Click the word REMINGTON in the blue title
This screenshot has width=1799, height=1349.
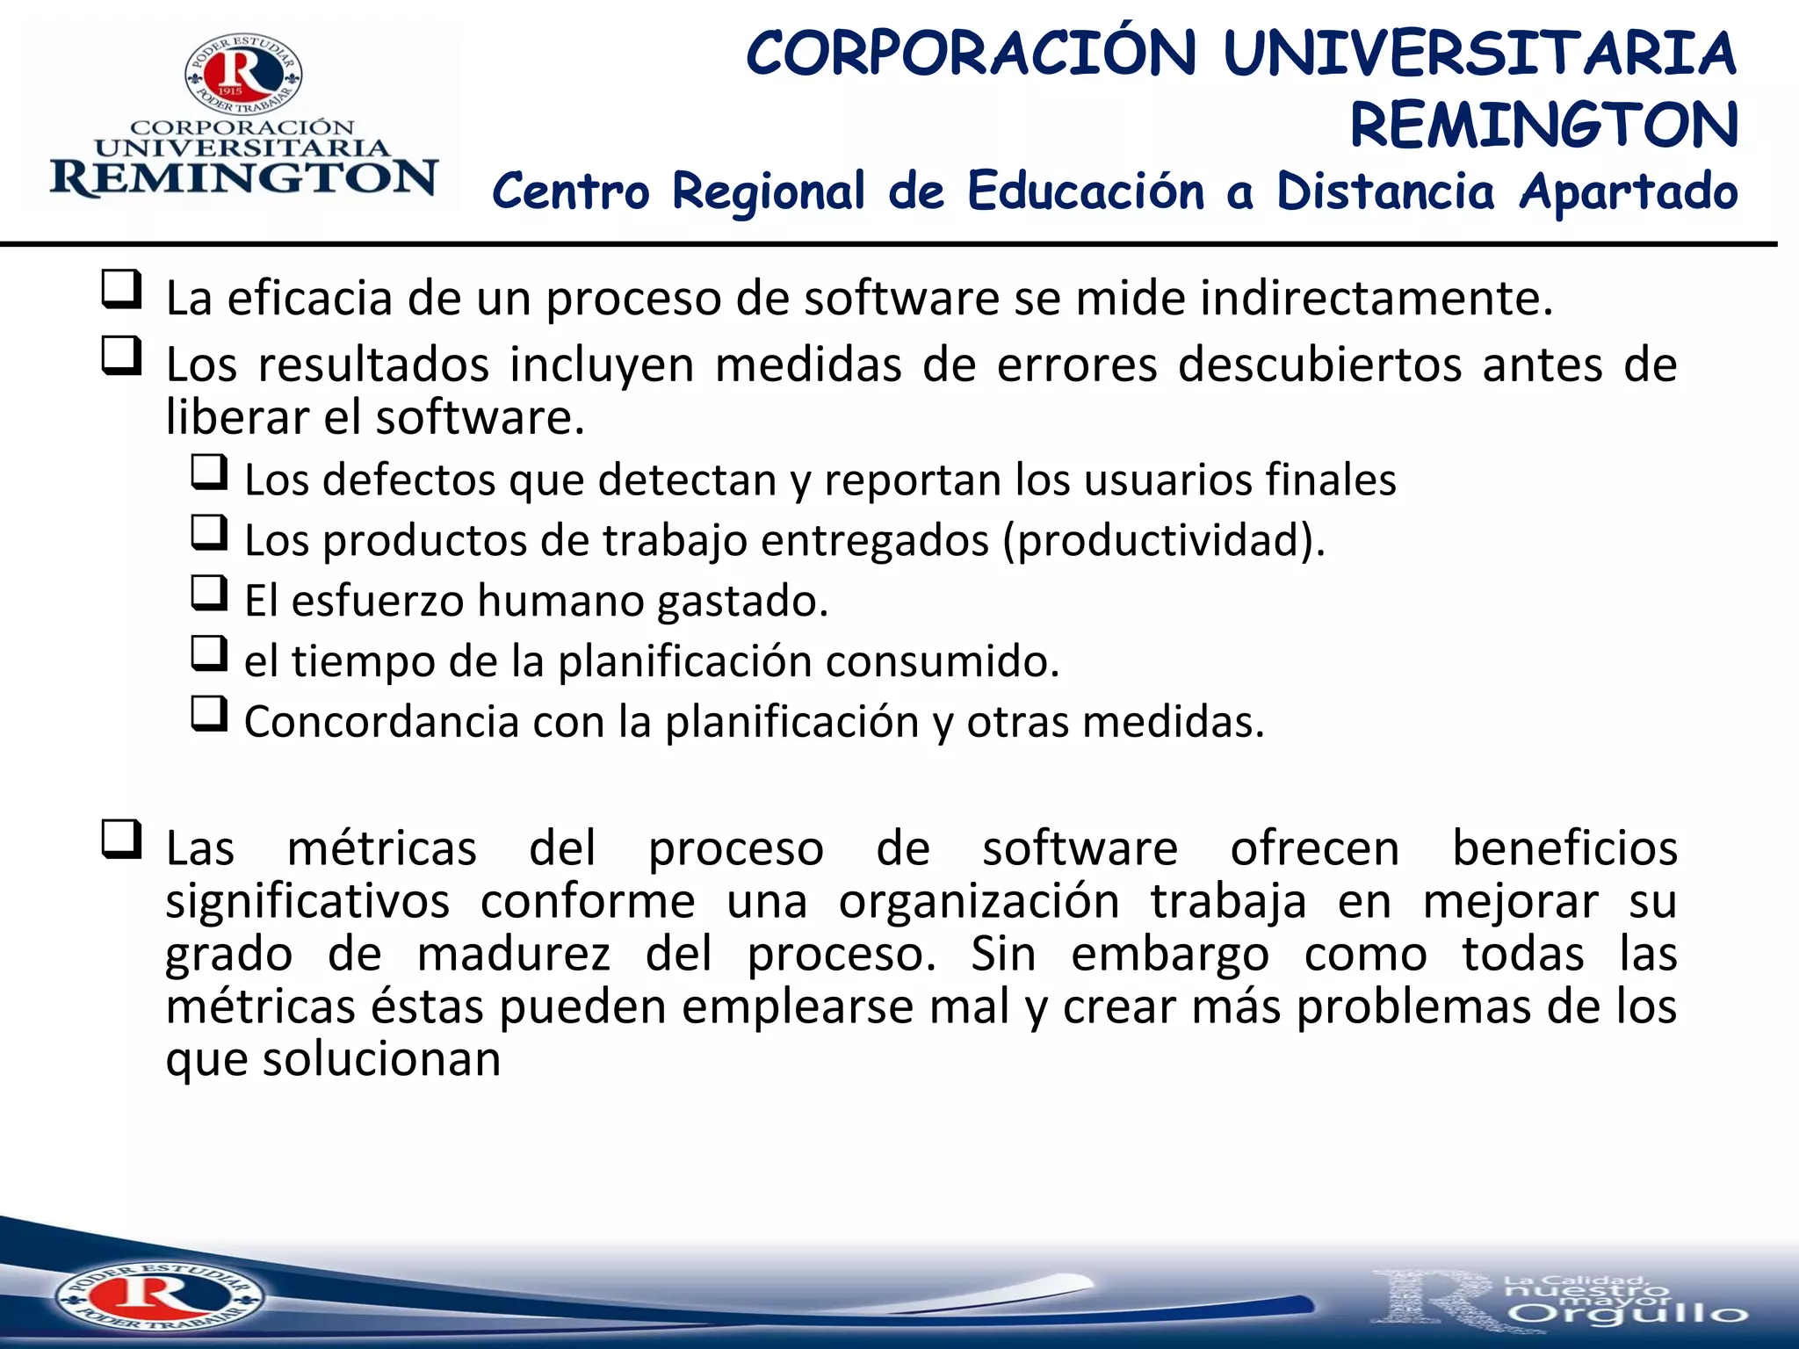click(1543, 125)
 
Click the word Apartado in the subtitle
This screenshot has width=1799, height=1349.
click(1628, 191)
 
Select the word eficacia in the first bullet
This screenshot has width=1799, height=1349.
click(311, 298)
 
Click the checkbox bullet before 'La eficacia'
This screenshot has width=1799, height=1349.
click(121, 289)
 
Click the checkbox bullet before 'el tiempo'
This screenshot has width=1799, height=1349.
click(209, 653)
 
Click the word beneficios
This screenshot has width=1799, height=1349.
click(1564, 848)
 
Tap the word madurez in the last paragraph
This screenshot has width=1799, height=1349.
click(513, 954)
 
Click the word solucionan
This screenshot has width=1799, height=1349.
click(381, 1059)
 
